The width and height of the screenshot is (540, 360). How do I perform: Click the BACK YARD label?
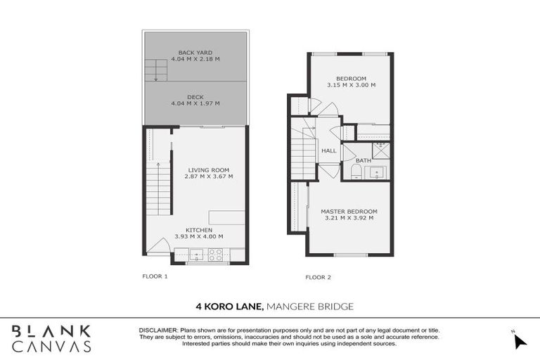pos(195,53)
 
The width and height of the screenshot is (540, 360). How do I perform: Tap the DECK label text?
pos(195,97)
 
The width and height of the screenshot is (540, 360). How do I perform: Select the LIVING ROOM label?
pos(209,169)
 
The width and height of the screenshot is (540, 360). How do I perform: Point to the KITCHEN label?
pos(199,230)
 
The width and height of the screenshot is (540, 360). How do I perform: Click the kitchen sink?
pos(195,255)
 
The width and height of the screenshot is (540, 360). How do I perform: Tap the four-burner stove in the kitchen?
pos(215,255)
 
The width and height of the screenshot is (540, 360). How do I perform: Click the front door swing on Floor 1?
pos(161,247)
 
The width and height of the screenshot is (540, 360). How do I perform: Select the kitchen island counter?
pos(226,217)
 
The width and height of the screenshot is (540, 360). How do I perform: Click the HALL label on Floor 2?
pos(328,150)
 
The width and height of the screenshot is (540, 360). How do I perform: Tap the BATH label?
pos(363,161)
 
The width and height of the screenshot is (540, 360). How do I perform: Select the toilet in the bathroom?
pos(355,174)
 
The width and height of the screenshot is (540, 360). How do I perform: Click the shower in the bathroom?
pos(380,149)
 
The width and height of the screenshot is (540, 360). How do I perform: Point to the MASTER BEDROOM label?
pos(349,211)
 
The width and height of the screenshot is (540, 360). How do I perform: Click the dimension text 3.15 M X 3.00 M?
pos(351,85)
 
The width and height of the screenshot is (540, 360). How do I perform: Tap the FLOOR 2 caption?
pos(318,277)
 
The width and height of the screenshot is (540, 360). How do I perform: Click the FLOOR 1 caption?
pos(155,276)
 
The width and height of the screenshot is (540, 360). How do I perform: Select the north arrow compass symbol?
pos(519,340)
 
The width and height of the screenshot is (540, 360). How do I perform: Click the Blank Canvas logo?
pos(51,338)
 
